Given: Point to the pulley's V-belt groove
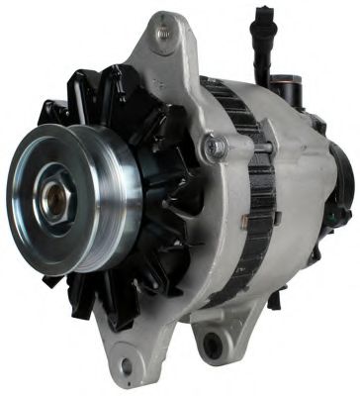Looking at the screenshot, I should point(107,203).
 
